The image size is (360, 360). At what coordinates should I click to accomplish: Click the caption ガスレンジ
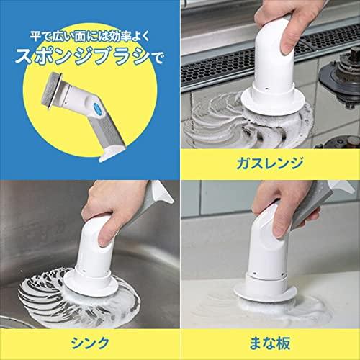point(270,163)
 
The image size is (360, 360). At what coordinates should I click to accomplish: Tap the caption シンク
point(90,343)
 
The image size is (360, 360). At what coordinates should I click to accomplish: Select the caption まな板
point(270,343)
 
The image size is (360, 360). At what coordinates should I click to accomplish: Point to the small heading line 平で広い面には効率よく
point(90,37)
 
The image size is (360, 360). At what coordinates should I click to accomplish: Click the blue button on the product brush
point(99,107)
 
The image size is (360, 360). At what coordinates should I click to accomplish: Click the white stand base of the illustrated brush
point(112,153)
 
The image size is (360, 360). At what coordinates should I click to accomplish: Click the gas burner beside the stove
point(343,70)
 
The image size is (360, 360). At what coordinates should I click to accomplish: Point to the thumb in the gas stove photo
point(289,41)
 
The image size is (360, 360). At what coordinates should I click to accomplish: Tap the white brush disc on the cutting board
point(265,292)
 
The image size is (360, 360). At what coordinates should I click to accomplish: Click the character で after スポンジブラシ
point(157,58)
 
